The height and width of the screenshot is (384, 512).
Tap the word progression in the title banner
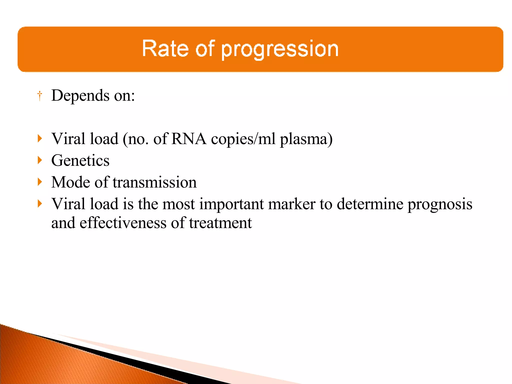(280, 49)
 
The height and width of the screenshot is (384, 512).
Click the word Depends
(80, 95)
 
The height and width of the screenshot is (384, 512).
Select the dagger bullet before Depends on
(40, 96)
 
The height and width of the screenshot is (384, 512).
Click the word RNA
(189, 139)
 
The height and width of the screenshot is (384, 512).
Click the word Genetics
(80, 160)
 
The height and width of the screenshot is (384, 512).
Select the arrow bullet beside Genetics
(40, 160)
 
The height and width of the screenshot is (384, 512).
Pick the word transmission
(154, 182)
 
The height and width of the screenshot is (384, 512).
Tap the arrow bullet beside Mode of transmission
(40, 182)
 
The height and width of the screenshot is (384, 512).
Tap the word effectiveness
(123, 223)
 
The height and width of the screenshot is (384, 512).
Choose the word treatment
(220, 223)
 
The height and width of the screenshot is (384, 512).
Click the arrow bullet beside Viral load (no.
(40, 138)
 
